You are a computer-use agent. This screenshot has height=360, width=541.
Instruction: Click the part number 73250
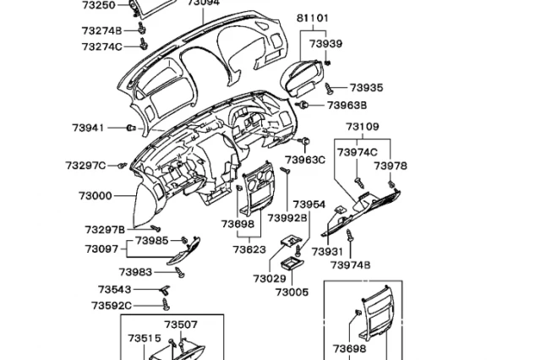[98, 5]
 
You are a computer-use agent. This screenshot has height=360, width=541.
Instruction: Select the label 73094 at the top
[203, 3]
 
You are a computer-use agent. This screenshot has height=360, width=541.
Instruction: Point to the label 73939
[325, 44]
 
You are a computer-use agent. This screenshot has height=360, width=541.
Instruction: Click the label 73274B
[102, 30]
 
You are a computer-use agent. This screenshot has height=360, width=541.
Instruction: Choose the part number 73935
[366, 87]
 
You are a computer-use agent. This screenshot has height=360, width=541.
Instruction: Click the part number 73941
[88, 128]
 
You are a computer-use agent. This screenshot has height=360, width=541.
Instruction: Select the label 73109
[362, 128]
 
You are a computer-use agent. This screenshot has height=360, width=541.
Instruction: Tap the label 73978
[390, 166]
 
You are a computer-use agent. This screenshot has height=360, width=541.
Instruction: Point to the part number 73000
[96, 195]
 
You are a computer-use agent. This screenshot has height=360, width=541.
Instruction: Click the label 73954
[309, 205]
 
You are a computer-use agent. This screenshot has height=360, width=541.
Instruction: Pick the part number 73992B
[287, 218]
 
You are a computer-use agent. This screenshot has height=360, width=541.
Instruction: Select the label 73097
[101, 248]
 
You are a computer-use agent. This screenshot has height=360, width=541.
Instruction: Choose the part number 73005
[292, 292]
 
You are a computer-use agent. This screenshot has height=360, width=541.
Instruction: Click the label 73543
[114, 289]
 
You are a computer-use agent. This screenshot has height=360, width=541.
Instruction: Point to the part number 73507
[181, 325]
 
